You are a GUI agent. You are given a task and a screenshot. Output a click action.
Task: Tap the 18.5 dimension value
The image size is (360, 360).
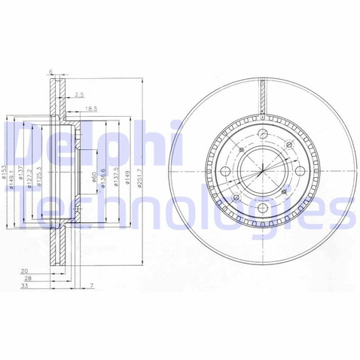coord(91,109)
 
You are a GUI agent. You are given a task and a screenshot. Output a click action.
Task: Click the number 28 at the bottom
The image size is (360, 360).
coord(26,278)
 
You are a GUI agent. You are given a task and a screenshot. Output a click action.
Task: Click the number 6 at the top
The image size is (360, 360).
coord(50,73)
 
